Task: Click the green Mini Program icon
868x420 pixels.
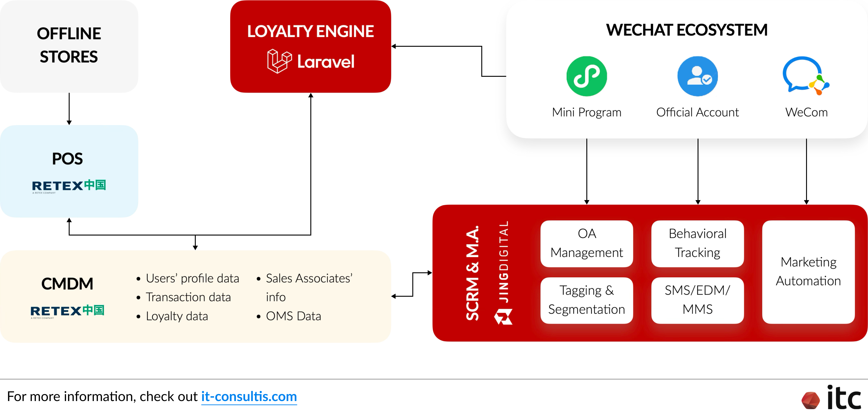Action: (586, 76)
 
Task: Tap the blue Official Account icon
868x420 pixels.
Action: (698, 76)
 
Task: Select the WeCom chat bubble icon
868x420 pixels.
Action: (805, 76)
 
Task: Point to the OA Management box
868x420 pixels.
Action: (586, 243)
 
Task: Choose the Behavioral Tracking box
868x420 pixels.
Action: (698, 243)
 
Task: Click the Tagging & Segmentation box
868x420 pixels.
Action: (586, 300)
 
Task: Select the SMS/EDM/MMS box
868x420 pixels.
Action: (698, 300)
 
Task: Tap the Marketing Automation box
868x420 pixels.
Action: (808, 272)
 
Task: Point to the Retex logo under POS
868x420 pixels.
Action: (69, 186)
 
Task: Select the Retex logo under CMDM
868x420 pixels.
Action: (67, 311)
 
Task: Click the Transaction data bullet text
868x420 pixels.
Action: (188, 297)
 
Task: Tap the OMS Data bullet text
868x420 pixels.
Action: (293, 316)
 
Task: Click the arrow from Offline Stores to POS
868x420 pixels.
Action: (69, 109)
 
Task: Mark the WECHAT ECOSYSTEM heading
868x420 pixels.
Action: (686, 30)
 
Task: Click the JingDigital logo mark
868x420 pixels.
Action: (503, 317)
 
